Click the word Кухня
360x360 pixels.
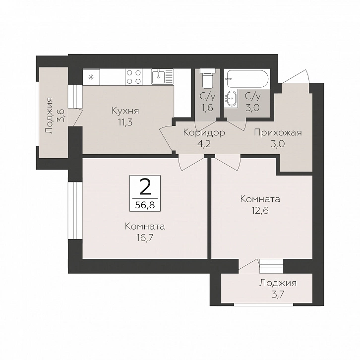tap(125, 111)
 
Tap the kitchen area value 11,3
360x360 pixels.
tap(125, 122)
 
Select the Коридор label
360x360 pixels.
tap(204, 133)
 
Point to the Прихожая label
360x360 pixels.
tap(278, 133)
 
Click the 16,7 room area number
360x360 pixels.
tap(145, 238)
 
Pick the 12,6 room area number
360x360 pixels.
tap(260, 210)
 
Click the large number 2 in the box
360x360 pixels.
tap(145, 186)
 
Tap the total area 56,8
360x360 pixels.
tap(145, 205)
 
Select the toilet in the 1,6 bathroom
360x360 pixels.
tap(208, 78)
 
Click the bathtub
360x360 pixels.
tap(247, 79)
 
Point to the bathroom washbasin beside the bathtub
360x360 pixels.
tap(231, 99)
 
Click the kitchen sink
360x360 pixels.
tap(163, 76)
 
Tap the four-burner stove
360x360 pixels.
tap(133, 77)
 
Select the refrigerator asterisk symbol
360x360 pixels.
tap(91, 77)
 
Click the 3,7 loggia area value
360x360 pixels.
tap(278, 295)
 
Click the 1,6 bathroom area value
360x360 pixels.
tap(208, 108)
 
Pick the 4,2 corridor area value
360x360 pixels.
tap(204, 144)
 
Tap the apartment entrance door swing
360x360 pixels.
tap(296, 76)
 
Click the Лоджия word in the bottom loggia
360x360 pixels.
tap(278, 283)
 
